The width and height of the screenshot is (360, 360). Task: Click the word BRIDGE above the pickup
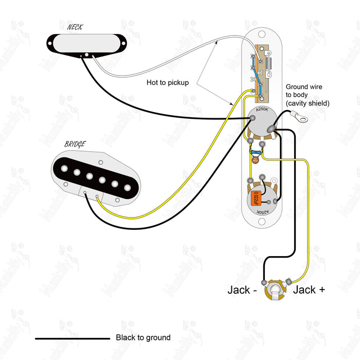(75, 145)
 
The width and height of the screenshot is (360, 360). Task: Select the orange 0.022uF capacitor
(255, 198)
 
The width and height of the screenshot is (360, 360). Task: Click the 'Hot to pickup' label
(168, 82)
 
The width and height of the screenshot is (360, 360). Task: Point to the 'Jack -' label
(242, 290)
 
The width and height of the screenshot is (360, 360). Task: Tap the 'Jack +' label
(309, 290)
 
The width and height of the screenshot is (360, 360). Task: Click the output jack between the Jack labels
(276, 290)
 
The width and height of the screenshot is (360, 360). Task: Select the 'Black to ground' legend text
(143, 338)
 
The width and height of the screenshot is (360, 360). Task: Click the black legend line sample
(72, 338)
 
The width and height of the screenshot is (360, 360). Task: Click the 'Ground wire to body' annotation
(308, 95)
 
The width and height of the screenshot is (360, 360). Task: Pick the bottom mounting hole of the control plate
(261, 222)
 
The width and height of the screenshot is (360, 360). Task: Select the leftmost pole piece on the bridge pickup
(66, 168)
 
